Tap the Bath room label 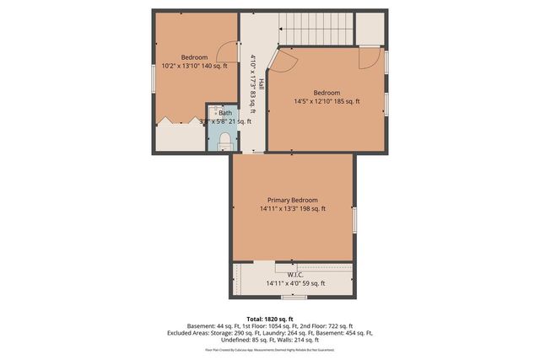(x=225, y=112)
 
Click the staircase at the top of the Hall (x=317, y=29)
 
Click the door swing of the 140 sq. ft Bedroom (x=225, y=53)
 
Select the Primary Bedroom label (x=293, y=200)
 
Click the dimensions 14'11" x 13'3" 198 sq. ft (x=293, y=209)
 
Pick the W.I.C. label (x=295, y=274)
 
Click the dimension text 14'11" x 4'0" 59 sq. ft (x=295, y=283)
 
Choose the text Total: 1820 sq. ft (x=269, y=318)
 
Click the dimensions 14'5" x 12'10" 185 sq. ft (x=326, y=101)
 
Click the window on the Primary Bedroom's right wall (x=355, y=220)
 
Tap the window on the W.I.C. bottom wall (x=294, y=297)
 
